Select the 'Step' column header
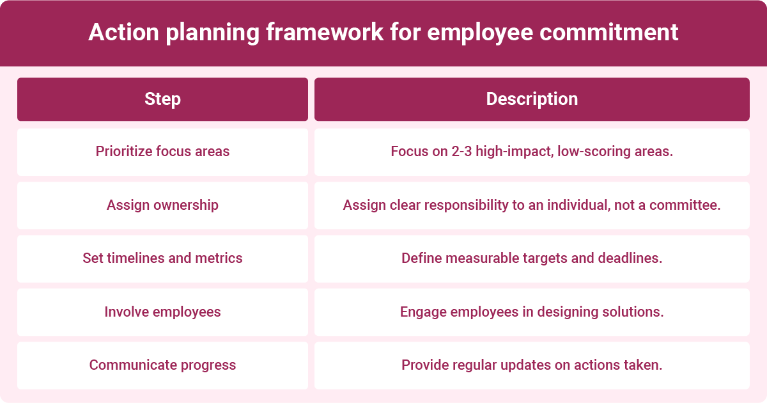(162, 99)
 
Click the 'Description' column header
(532, 99)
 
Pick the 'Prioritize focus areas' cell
(162, 152)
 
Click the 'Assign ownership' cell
(162, 205)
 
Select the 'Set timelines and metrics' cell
(162, 258)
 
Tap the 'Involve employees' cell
(162, 312)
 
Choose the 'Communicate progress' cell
(162, 365)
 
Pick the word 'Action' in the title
(121, 33)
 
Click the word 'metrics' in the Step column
(219, 258)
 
